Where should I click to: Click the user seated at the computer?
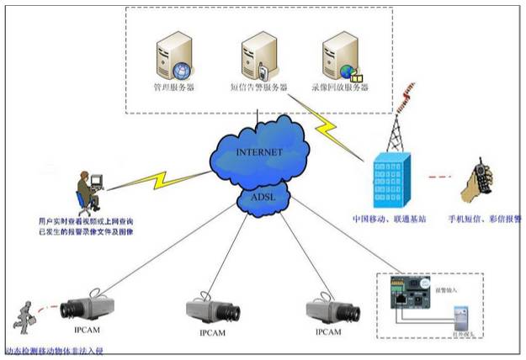tap(88, 191)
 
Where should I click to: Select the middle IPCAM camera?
tap(210, 306)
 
